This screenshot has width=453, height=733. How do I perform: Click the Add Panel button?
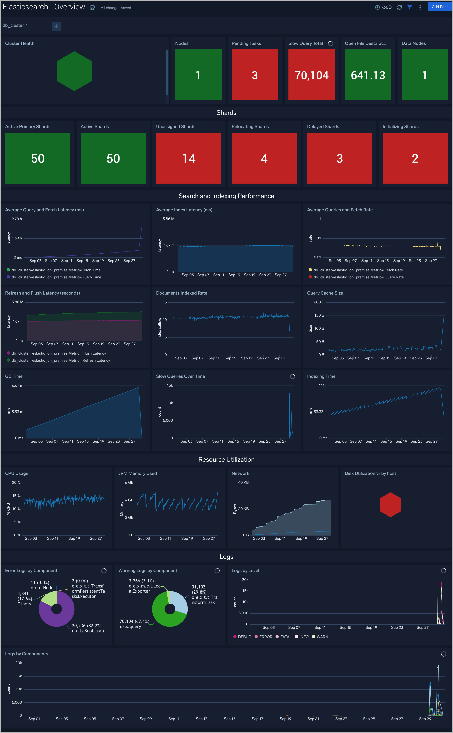point(440,7)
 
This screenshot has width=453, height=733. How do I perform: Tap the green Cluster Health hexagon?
point(74,71)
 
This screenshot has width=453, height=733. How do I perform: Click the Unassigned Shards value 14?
point(189,158)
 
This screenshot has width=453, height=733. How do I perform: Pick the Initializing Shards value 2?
point(415,158)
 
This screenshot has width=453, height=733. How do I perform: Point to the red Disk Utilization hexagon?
point(390,505)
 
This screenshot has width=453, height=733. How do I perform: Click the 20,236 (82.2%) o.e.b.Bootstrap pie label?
point(87,628)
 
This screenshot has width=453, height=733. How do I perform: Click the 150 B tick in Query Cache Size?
point(319,315)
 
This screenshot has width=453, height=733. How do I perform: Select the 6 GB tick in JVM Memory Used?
point(129,483)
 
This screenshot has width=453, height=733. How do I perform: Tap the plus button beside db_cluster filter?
point(56,26)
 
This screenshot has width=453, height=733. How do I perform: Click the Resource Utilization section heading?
point(226,460)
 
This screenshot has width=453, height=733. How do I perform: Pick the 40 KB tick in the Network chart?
point(243,483)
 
